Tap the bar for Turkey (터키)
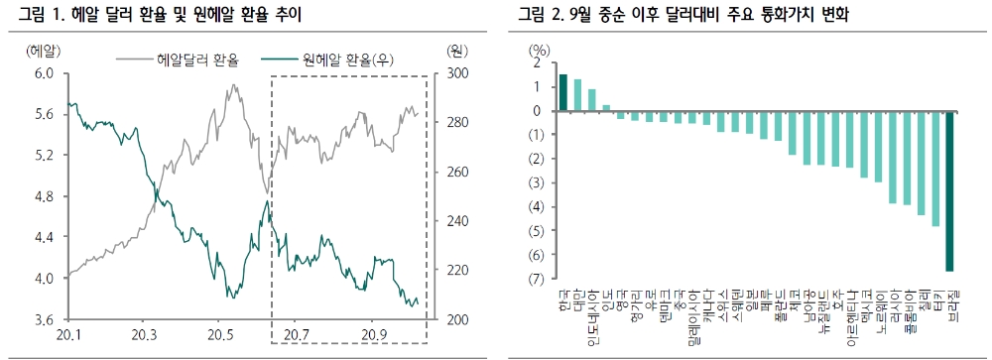(935, 169)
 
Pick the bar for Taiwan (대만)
(577, 95)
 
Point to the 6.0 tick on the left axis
(44, 73)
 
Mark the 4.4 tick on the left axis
(44, 237)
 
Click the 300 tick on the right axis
(455, 73)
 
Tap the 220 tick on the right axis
(455, 270)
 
